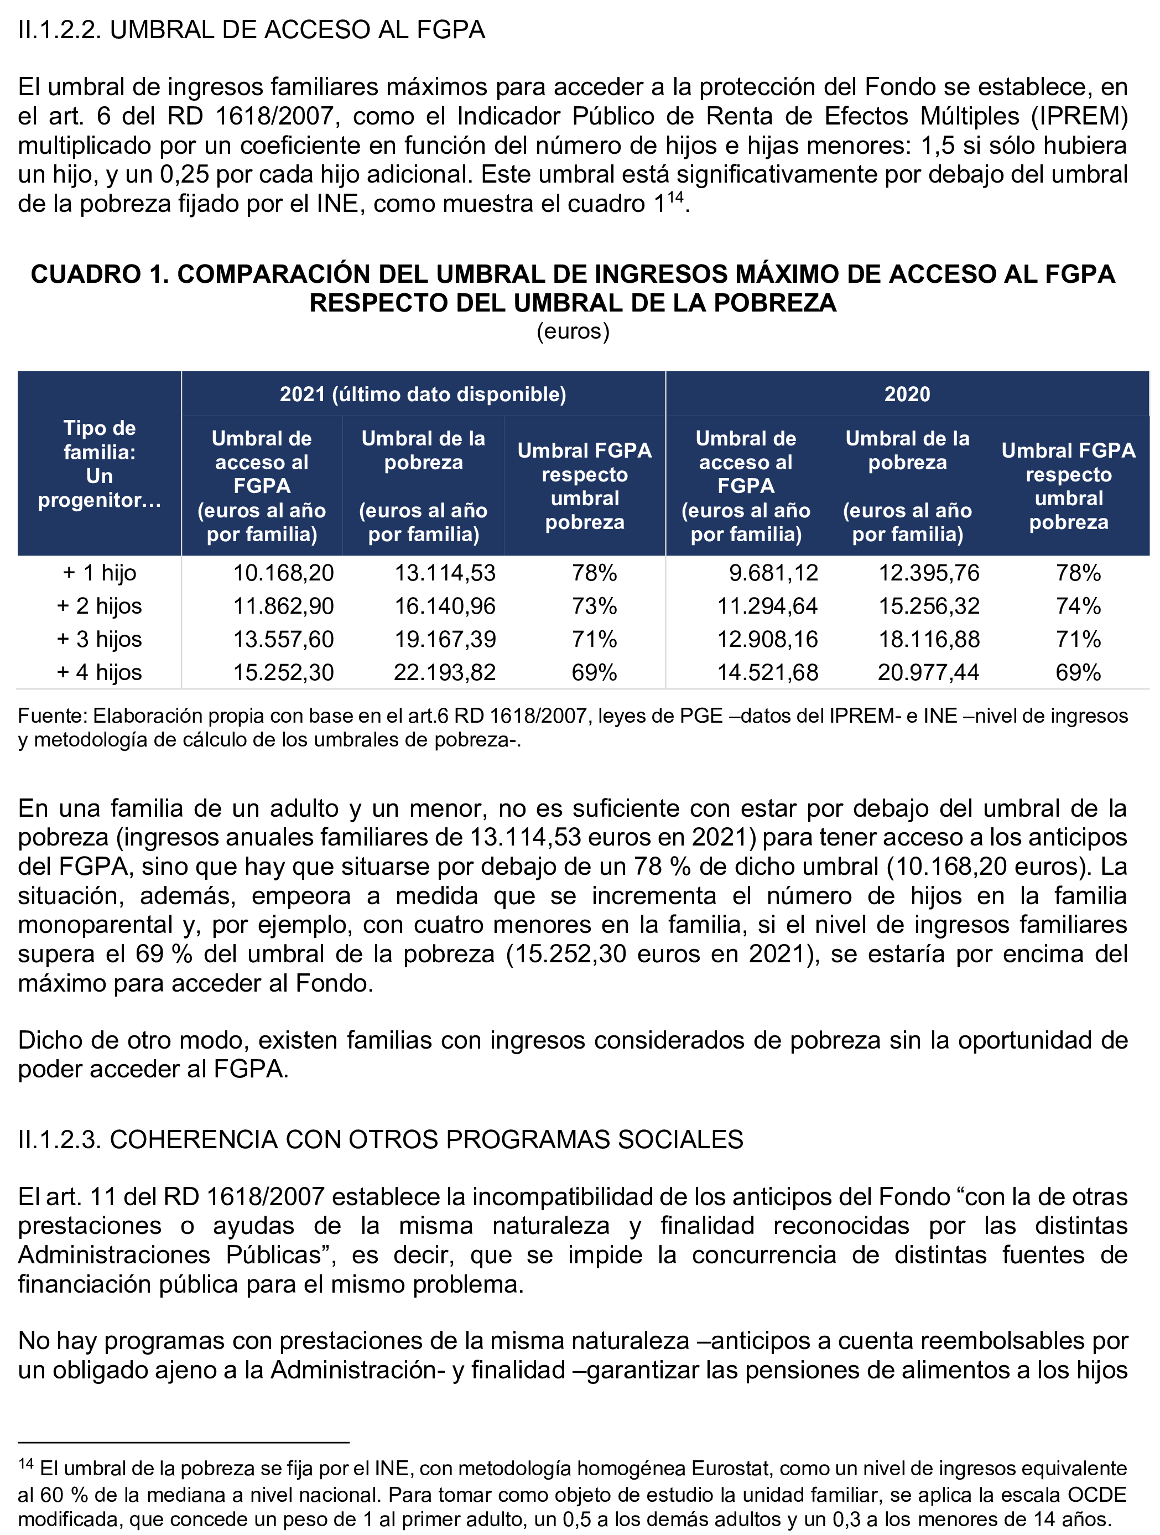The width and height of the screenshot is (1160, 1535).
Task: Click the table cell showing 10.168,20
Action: point(283,573)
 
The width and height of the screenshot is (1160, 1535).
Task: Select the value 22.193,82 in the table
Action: point(445,672)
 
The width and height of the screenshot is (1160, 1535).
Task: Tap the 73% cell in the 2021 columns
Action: point(594,606)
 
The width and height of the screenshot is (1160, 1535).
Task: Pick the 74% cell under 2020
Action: point(1078,606)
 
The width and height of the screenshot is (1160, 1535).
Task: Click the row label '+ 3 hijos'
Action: point(99,639)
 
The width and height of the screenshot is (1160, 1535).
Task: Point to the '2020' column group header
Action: point(907,394)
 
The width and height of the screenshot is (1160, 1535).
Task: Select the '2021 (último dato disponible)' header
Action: point(423,394)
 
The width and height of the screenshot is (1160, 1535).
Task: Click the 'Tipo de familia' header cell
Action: point(99,464)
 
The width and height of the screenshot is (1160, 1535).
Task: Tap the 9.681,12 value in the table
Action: point(773,573)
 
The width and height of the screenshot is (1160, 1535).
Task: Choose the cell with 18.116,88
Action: point(929,639)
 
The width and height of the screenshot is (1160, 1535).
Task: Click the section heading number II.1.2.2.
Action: point(60,30)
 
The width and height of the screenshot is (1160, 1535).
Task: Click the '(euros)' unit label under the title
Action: point(573,331)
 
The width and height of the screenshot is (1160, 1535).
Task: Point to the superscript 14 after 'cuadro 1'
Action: point(675,198)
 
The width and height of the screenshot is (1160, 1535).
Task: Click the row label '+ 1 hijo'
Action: point(99,573)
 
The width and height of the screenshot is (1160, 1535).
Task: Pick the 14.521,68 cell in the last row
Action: point(767,672)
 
